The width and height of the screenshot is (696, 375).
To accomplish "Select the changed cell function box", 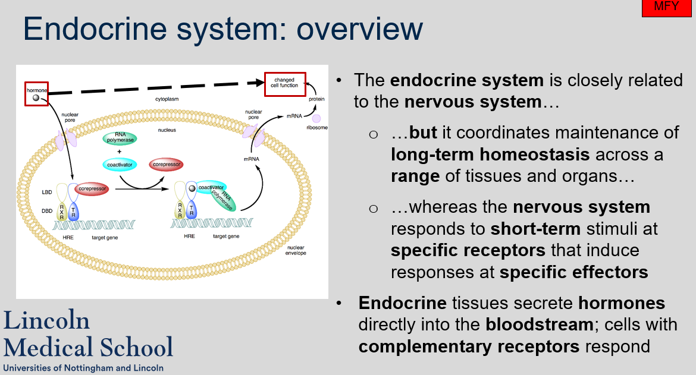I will pos(284,84).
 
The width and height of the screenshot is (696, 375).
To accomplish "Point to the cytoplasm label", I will pos(167,99).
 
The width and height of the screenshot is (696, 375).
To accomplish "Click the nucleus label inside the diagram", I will pos(167,130).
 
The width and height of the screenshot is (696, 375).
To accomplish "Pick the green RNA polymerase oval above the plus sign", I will pos(120,138).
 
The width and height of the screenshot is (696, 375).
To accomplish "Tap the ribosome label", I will pos(316,128).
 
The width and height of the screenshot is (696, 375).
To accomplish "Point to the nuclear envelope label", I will pos(296,250).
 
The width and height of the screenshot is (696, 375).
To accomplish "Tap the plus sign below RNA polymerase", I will pos(120,151).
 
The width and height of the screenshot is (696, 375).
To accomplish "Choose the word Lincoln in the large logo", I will pos(47,320).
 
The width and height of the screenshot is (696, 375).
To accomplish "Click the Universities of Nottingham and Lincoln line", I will pos(83,368).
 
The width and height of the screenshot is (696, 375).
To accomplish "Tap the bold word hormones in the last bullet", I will pos(622,303).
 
